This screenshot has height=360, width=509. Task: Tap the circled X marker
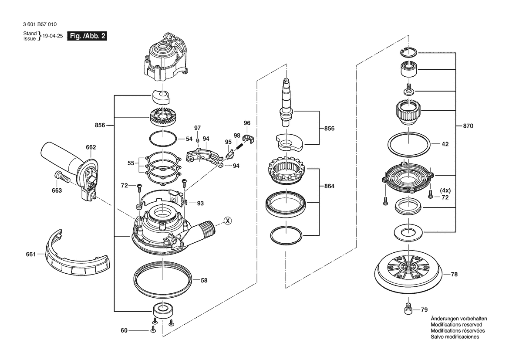(x=227, y=221)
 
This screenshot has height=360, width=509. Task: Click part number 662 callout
(x=91, y=147)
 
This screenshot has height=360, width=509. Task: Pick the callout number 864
(x=329, y=186)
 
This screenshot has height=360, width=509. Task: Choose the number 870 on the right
(x=468, y=126)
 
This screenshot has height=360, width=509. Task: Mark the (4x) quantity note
(x=445, y=190)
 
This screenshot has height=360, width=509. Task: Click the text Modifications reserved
(x=456, y=325)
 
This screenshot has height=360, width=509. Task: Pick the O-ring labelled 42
(x=409, y=143)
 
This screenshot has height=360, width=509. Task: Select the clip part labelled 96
(x=248, y=139)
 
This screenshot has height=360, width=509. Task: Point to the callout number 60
(x=124, y=330)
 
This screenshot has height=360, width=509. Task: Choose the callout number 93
(x=200, y=203)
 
